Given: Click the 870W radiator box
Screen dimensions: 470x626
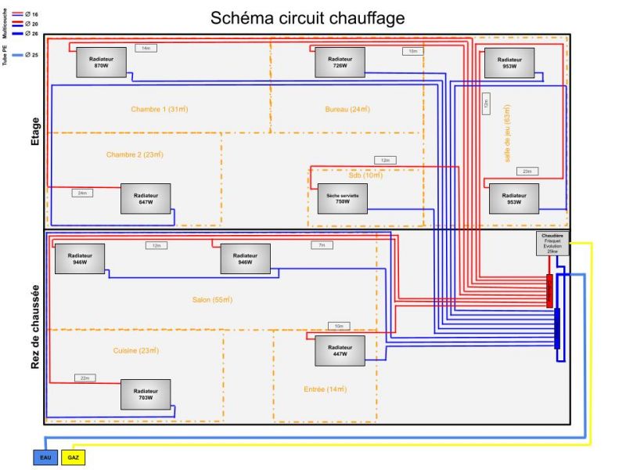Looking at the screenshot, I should pyautogui.click(x=101, y=62).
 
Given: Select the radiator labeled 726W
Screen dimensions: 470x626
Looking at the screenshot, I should pyautogui.click(x=340, y=62).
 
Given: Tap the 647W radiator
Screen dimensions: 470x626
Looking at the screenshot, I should pyautogui.click(x=146, y=198).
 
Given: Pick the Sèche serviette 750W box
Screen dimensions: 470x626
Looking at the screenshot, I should pyautogui.click(x=342, y=198).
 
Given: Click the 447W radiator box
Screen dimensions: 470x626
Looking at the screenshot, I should pyautogui.click(x=340, y=350).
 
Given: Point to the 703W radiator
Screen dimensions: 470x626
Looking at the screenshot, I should pyautogui.click(x=145, y=394).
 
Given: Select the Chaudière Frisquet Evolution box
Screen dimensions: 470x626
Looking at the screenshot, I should pyautogui.click(x=552, y=244).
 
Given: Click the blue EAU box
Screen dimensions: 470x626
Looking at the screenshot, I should pyautogui.click(x=45, y=457).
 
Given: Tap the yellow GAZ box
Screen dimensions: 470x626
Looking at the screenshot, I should pyautogui.click(x=74, y=457).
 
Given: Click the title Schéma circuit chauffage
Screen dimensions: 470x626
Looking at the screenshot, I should pyautogui.click(x=308, y=18).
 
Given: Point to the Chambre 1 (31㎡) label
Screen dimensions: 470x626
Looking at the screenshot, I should pyautogui.click(x=160, y=109).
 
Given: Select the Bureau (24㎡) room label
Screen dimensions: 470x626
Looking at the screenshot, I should pyautogui.click(x=347, y=109).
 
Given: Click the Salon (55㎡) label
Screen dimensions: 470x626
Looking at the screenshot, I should pyautogui.click(x=211, y=300).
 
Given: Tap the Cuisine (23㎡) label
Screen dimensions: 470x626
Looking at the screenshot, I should pyautogui.click(x=136, y=350).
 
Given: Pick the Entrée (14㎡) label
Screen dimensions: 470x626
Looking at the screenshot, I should pyautogui.click(x=325, y=389).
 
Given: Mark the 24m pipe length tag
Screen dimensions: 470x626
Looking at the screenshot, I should pyautogui.click(x=83, y=193).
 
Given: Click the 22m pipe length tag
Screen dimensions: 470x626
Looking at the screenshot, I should pyautogui.click(x=85, y=378).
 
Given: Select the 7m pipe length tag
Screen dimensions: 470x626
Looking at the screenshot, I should pyautogui.click(x=321, y=245).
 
